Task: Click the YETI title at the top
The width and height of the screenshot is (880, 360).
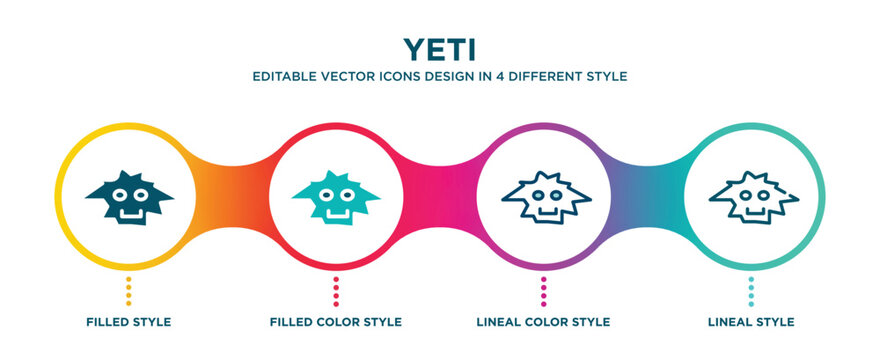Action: click(x=440, y=48)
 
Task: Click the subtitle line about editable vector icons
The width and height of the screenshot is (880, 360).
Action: click(x=440, y=76)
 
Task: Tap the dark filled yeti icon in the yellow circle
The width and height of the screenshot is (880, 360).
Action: click(x=127, y=195)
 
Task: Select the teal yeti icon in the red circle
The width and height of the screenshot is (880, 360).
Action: click(x=335, y=195)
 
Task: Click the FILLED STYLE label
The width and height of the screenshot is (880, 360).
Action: click(x=127, y=322)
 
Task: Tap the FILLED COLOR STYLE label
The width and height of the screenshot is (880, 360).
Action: click(x=335, y=322)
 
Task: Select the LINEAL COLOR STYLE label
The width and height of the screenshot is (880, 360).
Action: click(x=543, y=322)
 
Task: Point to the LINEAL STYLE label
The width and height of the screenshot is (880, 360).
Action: click(x=751, y=322)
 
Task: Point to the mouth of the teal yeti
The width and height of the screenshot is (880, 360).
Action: click(x=335, y=211)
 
